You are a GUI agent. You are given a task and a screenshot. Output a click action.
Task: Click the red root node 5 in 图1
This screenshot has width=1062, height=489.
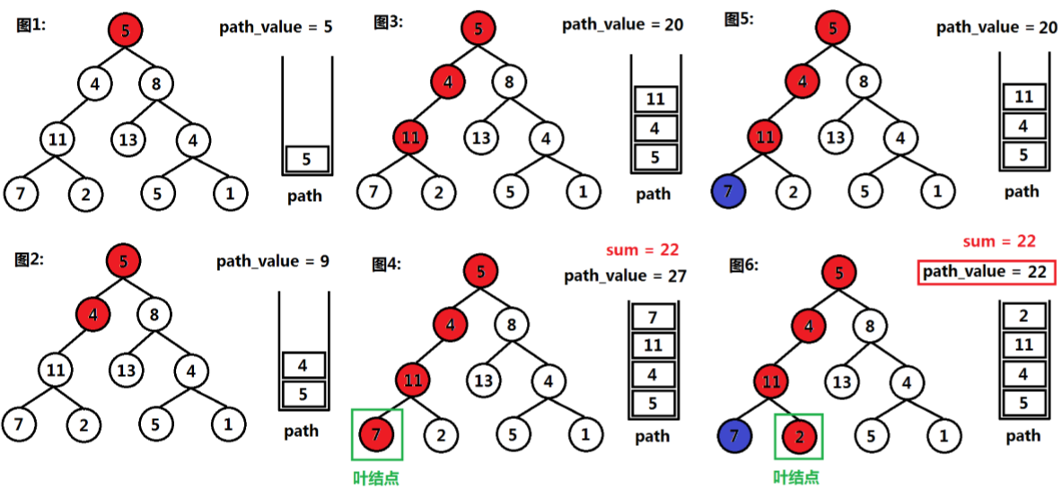click(x=125, y=31)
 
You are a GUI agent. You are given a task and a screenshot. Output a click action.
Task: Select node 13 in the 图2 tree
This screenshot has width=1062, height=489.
click(x=127, y=369)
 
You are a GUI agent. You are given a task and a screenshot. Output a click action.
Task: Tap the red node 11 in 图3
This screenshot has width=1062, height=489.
click(x=410, y=138)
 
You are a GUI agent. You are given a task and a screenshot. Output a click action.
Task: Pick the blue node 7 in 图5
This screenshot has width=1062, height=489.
click(x=728, y=191)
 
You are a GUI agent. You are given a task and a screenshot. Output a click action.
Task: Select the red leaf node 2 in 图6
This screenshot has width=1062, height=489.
click(x=798, y=440)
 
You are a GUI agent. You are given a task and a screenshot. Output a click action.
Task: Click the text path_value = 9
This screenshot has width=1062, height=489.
click(x=272, y=262)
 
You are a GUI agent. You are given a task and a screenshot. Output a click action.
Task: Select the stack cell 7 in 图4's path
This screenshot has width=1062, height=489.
click(x=653, y=318)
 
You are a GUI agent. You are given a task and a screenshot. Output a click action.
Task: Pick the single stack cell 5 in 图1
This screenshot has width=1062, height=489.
click(x=307, y=160)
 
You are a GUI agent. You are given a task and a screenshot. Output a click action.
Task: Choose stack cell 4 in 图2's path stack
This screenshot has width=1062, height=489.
click(x=303, y=366)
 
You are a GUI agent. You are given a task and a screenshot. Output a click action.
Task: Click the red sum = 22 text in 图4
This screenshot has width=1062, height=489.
click(x=644, y=249)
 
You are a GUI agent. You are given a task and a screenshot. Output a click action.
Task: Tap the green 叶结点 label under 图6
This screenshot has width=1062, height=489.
click(x=797, y=477)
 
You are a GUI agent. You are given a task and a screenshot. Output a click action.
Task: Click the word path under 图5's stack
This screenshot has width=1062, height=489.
click(x=1022, y=191)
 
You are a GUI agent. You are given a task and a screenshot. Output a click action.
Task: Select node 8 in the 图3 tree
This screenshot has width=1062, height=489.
click(x=509, y=84)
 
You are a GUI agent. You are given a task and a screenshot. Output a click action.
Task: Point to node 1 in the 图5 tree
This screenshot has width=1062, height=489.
click(x=937, y=190)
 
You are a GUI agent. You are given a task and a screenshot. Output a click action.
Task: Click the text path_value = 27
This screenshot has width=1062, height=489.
click(x=625, y=276)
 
